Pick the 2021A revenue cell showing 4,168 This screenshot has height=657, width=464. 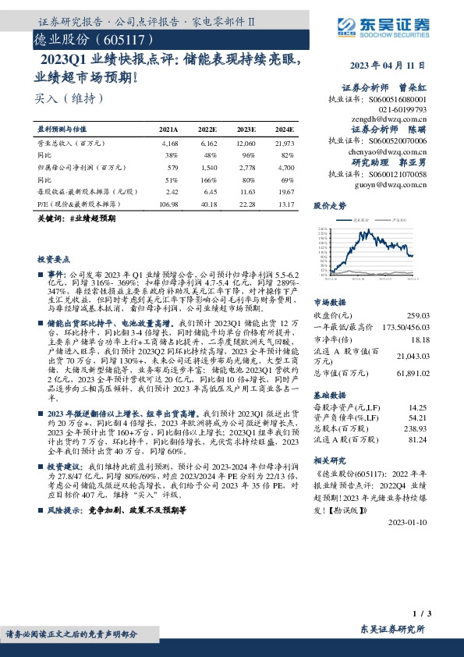point(170,144)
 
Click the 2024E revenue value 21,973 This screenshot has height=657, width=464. point(285,144)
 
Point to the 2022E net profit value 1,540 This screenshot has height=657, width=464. point(207,167)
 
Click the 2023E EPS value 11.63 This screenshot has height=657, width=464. point(246,190)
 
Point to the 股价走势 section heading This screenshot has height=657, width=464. point(329,207)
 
